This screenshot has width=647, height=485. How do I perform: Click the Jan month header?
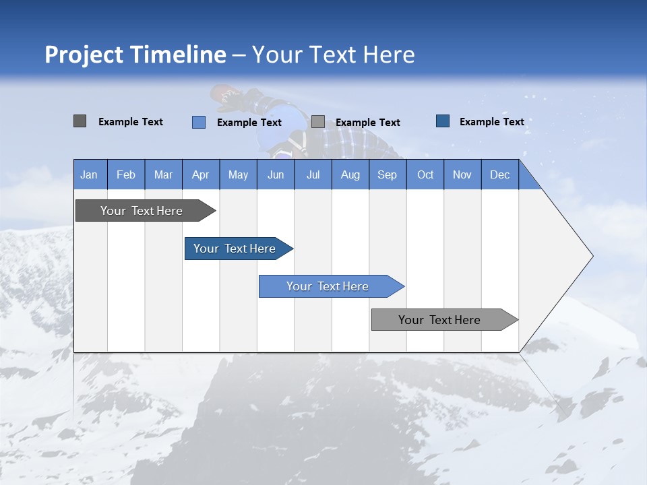click(x=90, y=174)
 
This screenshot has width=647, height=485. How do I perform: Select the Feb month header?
click(x=126, y=174)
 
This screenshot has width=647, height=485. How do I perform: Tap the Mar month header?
click(x=163, y=174)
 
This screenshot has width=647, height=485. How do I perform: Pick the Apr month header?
click(x=201, y=174)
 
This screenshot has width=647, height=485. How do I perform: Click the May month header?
click(x=238, y=174)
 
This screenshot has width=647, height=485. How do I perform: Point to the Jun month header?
click(x=276, y=174)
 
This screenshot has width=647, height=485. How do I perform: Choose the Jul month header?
click(x=313, y=174)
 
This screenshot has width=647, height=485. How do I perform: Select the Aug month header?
click(x=350, y=174)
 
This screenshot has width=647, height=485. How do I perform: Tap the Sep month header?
click(x=388, y=174)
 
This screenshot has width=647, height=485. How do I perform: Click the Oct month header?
click(x=425, y=174)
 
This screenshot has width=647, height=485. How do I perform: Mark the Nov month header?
click(x=462, y=174)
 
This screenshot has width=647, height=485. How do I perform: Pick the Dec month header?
click(x=500, y=174)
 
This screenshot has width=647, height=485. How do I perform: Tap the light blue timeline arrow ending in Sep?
click(x=328, y=286)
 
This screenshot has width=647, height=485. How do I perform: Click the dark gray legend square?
click(x=80, y=121)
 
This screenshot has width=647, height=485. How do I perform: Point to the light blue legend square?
click(x=199, y=122)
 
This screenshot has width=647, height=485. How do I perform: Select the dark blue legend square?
click(x=443, y=121)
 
